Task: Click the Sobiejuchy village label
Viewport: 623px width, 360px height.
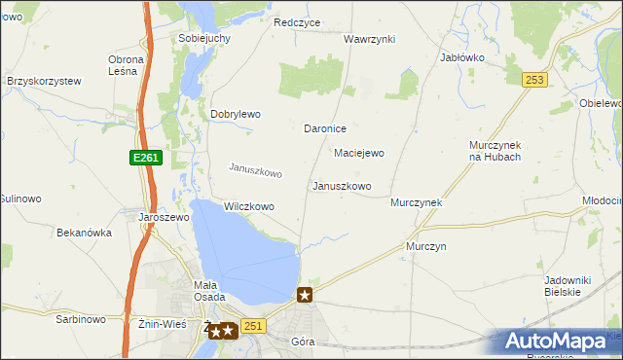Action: [x=203, y=38]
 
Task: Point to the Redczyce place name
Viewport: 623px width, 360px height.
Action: [x=297, y=22]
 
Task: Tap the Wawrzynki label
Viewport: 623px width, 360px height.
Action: [x=369, y=39]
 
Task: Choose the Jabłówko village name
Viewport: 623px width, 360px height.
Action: [x=462, y=57]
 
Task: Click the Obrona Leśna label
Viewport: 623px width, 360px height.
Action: [x=126, y=65]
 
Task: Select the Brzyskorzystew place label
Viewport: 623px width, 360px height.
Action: [x=43, y=82]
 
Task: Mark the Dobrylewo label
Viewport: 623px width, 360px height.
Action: [x=236, y=114]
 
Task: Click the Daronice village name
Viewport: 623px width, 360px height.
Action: [x=325, y=128]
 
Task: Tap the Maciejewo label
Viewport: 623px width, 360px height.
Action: [x=359, y=153]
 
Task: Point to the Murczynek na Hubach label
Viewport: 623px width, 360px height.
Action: [x=495, y=151]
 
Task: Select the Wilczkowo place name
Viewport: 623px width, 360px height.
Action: [x=248, y=206]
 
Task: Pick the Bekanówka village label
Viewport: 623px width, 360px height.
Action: [x=85, y=234]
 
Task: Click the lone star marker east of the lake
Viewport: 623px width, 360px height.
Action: [x=305, y=295]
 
